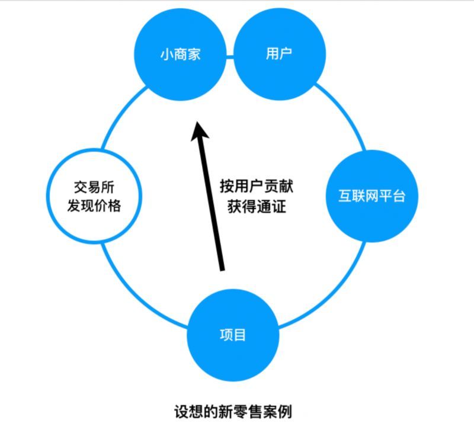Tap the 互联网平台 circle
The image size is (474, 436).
tap(371, 196)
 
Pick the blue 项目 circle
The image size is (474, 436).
tap(233, 335)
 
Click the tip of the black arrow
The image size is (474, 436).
tap(197, 123)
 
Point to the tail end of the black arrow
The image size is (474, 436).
tap(223, 270)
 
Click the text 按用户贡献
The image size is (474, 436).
tap(257, 185)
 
